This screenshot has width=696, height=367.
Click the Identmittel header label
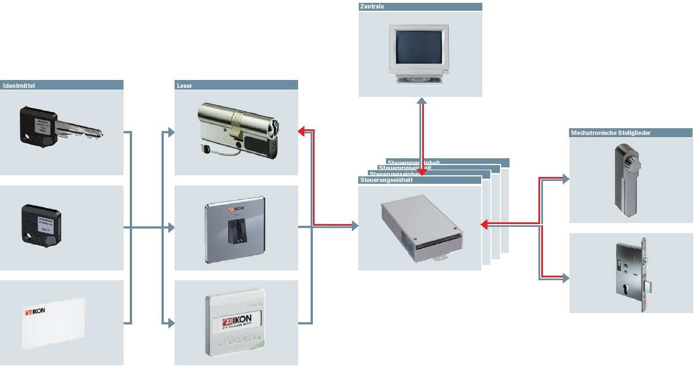pyautogui.click(x=19, y=86)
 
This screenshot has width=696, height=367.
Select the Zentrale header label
pyautogui.click(x=372, y=7)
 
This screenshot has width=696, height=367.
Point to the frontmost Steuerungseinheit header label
pyautogui.click(x=386, y=180)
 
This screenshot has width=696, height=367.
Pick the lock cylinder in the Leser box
pyautogui.click(x=238, y=129)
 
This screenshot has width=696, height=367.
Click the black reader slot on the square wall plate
pyautogui.click(x=233, y=232)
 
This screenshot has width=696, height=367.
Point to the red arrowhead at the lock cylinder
pyautogui.click(x=302, y=132)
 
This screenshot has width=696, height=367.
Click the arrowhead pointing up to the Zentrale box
pyautogui.click(x=422, y=102)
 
